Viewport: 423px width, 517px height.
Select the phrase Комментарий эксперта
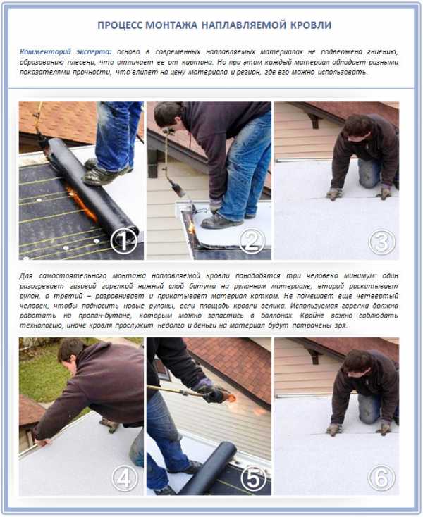pos(66,51)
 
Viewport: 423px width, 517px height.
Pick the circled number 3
pos(381,242)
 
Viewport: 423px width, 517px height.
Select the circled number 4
pos(124,478)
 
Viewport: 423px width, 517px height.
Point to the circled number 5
pos(253,478)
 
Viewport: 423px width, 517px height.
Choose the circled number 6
pos(381,478)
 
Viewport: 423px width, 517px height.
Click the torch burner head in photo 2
pos(176,187)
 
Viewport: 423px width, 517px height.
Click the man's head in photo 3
pos(356,128)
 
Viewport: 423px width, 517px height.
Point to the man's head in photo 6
pos(356,364)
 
